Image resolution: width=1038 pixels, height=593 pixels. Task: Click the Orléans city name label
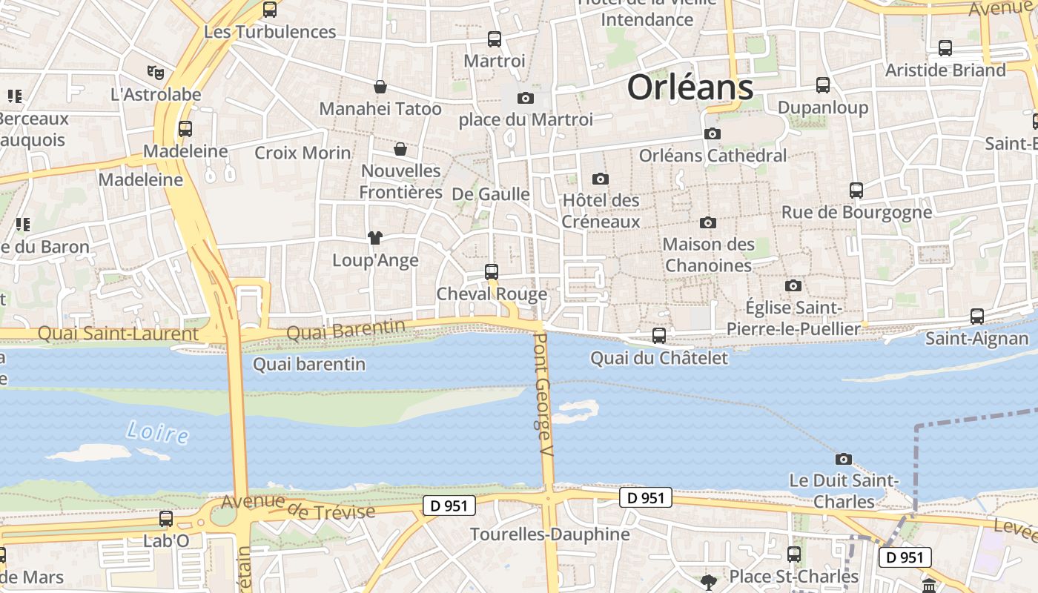[690, 87]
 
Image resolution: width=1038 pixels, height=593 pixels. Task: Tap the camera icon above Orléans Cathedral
[713, 133]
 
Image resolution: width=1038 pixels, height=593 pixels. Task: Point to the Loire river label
[157, 431]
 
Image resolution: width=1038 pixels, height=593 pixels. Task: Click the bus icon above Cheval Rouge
[491, 272]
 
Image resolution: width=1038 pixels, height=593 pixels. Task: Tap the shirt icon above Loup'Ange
[375, 238]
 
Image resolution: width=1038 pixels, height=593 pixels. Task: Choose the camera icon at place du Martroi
[526, 98]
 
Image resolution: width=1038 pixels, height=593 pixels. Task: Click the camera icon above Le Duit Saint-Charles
[843, 459]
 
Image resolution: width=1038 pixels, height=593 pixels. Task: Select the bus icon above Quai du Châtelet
[658, 336]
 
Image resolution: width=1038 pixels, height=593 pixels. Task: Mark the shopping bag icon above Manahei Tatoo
[380, 87]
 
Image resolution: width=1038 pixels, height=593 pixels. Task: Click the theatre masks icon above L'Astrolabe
[156, 73]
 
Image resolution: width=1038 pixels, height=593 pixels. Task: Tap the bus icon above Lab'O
[166, 519]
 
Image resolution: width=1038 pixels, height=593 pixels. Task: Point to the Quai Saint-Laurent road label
[118, 334]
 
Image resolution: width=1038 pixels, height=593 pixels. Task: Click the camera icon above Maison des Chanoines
[708, 222]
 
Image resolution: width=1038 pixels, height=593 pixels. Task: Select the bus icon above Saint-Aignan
[977, 317]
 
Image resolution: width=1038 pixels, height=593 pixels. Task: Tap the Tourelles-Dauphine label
[549, 534]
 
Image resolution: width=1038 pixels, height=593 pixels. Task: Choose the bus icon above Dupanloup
[823, 85]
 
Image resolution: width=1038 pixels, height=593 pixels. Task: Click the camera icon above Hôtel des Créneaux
[601, 179]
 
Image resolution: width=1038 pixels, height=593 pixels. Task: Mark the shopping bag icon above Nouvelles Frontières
[400, 149]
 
